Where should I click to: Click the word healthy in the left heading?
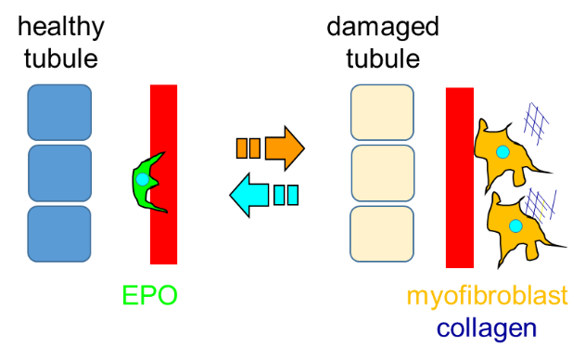tap(61, 28)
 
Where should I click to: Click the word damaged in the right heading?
tap(383, 28)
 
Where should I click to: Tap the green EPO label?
tap(150, 295)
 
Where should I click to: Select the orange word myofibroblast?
tap(488, 297)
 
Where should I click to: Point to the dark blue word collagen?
tap(487, 329)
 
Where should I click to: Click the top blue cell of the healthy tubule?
tap(59, 112)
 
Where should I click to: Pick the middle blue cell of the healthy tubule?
tap(59, 174)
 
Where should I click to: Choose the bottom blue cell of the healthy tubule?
tap(59, 234)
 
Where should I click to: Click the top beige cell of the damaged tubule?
tap(382, 112)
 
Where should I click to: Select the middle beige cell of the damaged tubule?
tap(382, 174)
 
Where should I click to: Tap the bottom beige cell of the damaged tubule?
tap(382, 234)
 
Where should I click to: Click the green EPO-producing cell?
tap(144, 183)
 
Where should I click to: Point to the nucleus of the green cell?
tap(142, 180)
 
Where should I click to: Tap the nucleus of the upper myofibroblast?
tap(502, 151)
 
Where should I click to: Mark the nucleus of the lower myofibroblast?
tap(515, 226)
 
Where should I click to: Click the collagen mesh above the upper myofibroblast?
tap(536, 123)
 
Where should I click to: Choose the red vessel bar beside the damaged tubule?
tap(460, 178)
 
